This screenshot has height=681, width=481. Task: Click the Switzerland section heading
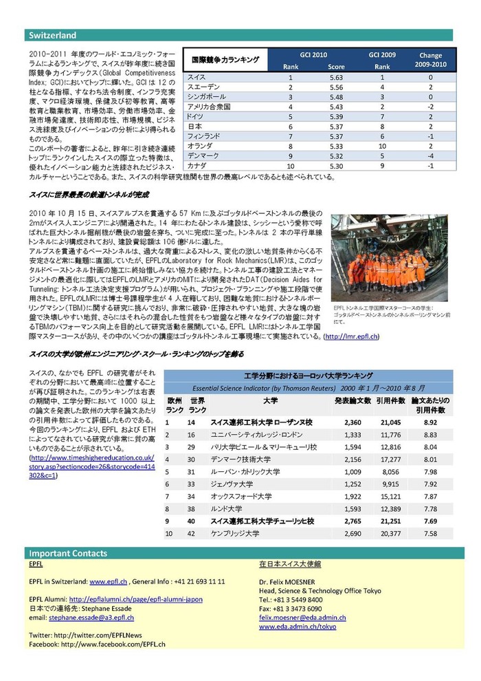pos(52,35)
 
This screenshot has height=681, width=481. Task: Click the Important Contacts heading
pos(67,553)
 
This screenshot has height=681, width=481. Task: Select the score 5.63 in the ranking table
pos(336,77)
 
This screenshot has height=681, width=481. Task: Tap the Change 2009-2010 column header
pos(430,59)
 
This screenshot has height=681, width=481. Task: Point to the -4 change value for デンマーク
pos(430,156)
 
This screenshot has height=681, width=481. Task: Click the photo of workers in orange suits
pos(389,258)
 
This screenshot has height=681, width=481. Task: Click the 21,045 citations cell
pos(389,422)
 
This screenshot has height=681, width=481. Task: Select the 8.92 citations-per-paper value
pos(430,422)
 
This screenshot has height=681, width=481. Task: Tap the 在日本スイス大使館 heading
pos(290,563)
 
